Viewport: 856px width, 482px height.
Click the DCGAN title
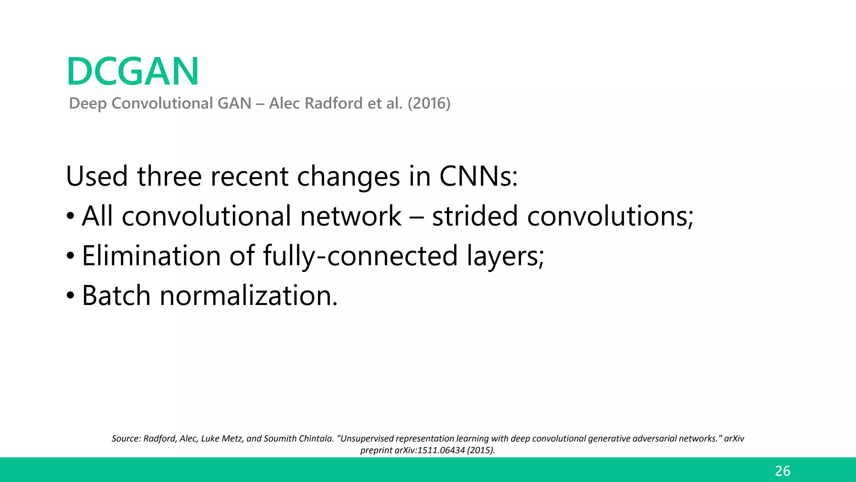[132, 72]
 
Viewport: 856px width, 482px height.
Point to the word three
[169, 176]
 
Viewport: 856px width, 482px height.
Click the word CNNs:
[478, 176]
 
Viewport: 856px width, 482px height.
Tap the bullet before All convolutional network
[71, 216]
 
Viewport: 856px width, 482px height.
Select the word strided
[475, 216]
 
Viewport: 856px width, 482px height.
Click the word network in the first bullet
[350, 216]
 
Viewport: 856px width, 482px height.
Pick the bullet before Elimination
[71, 256]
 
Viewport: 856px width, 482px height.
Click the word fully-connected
[360, 256]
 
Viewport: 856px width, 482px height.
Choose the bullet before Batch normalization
[71, 295]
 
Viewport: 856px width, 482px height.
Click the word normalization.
[248, 295]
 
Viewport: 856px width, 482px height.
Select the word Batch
[116, 295]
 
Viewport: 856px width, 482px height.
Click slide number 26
[782, 471]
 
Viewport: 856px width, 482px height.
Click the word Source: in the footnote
[126, 438]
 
